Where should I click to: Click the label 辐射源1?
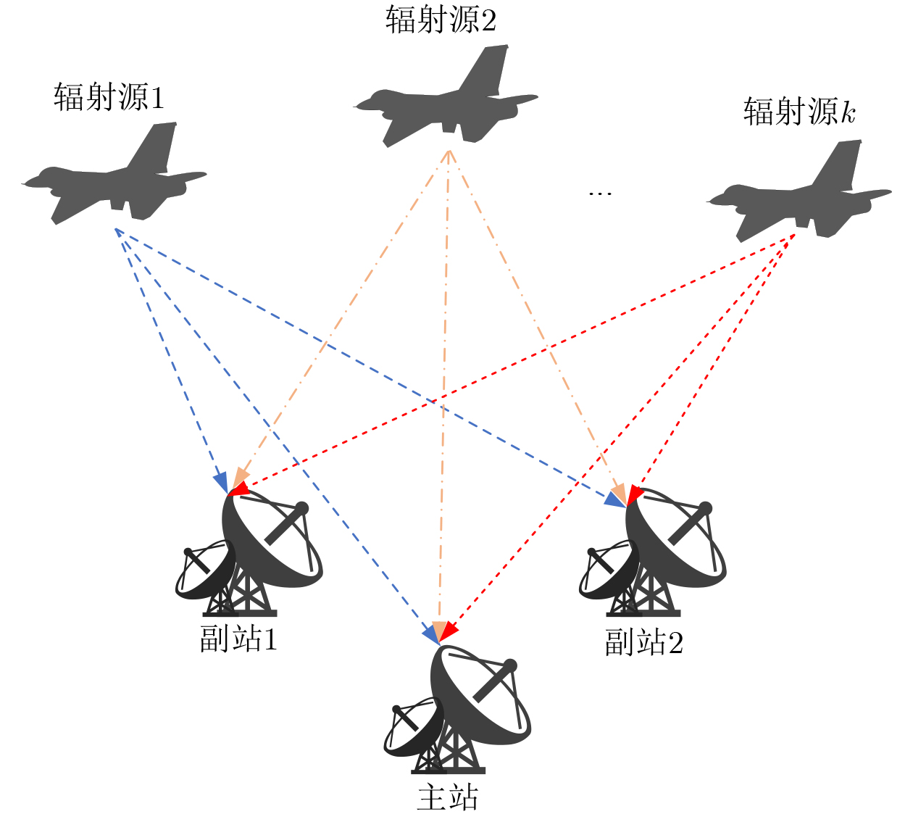pos(109,97)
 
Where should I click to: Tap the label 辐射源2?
pos(441,20)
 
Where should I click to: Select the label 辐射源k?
pos(799,111)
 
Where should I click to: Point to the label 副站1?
pos(238,639)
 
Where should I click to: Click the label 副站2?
pos(643,641)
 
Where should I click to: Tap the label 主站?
pos(448,797)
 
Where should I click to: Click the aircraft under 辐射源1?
pos(114,173)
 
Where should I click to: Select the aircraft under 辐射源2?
pos(446,96)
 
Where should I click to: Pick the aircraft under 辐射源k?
pos(799,191)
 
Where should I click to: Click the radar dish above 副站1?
pos(249,552)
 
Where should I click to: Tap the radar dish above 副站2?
pos(653,552)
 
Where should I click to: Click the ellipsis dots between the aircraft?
pos(600,194)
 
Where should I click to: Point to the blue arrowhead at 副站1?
pos(222,483)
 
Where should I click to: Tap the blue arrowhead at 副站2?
pos(614,500)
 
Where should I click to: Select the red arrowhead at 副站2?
pos(635,494)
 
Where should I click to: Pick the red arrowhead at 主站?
pos(449,631)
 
